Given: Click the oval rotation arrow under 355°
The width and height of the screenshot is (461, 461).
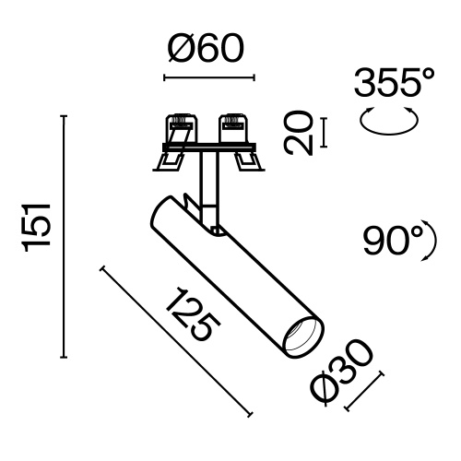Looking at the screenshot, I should [x=387, y=121].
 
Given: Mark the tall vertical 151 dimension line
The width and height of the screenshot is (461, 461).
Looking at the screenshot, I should [x=64, y=235].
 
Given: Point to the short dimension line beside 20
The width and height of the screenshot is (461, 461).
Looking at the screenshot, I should [x=325, y=132].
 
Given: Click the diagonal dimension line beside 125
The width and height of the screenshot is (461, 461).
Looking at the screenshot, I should [x=175, y=340].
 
